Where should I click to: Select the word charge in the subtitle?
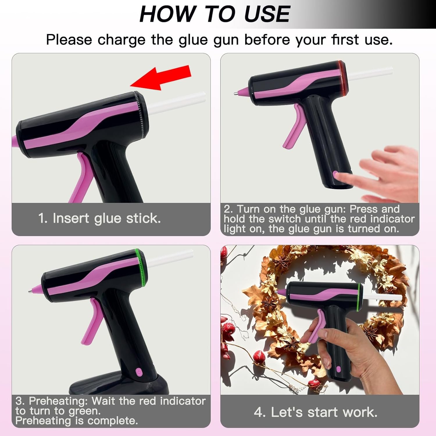121,40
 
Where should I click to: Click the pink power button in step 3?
138,372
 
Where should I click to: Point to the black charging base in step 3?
119,384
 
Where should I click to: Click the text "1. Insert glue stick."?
99,218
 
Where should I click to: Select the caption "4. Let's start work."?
316,412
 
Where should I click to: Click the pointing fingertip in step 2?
338,175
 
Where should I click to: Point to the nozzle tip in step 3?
30,291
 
